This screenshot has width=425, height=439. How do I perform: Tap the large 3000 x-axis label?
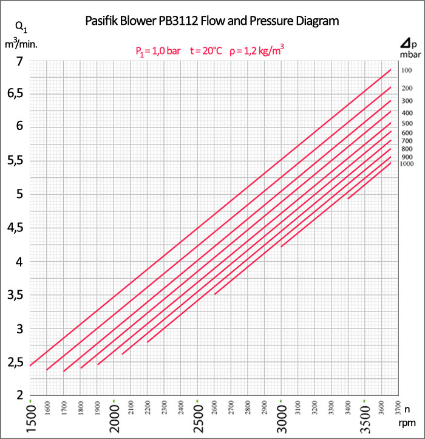[x=281, y=419]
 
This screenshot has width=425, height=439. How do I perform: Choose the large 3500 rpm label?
[x=365, y=419]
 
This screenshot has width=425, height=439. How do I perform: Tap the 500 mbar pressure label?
[x=407, y=123]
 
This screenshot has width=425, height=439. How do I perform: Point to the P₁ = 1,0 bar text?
[x=158, y=52]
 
